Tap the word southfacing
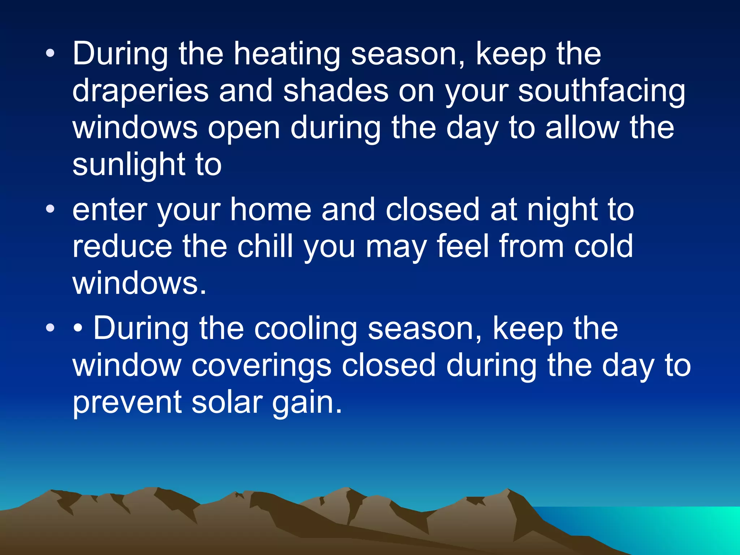601,91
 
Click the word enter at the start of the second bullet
109,210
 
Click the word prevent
127,403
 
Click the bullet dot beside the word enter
50,209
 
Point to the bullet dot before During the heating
50,53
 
